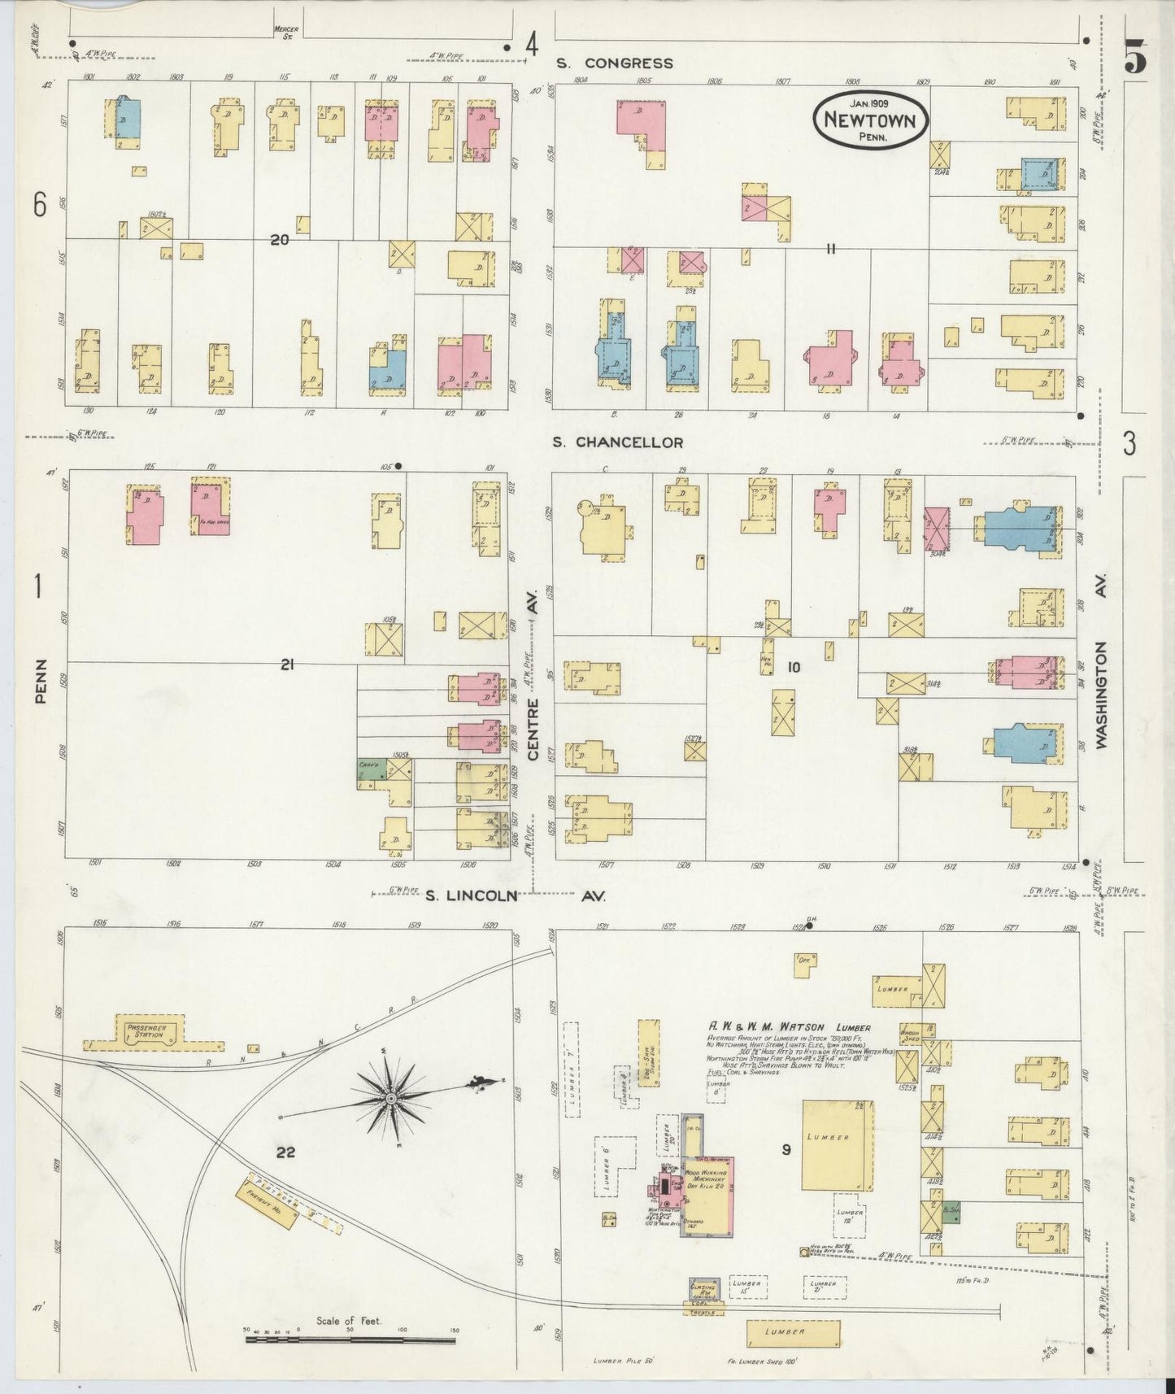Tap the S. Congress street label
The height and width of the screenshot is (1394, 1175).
[615, 63]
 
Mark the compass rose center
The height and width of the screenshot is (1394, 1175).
[391, 1098]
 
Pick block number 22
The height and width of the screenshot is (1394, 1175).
[285, 1152]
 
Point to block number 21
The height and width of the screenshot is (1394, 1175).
[286, 665]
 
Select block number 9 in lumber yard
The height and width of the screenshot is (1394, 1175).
[786, 1149]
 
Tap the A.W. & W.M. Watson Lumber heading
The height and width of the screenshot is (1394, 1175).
[789, 1028]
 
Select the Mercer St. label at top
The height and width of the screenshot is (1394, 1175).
[286, 32]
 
